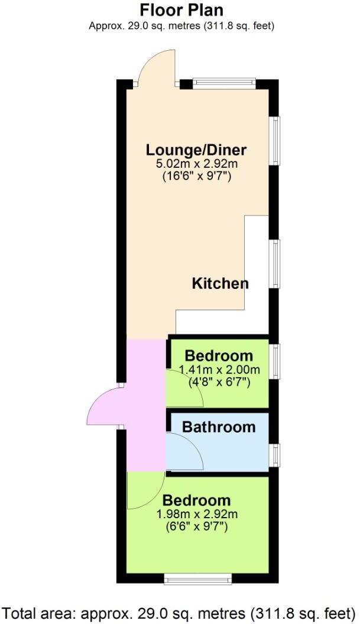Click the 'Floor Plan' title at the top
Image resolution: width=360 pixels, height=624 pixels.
point(181,10)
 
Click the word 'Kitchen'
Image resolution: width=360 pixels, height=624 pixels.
point(220,284)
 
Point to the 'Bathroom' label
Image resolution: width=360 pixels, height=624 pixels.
point(218,427)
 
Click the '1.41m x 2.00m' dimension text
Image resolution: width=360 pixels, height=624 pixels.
point(219,370)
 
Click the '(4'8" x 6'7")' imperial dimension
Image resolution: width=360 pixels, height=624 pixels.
point(219,382)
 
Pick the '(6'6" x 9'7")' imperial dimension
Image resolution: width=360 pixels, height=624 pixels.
point(197,525)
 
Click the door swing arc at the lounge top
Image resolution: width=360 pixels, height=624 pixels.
point(155,68)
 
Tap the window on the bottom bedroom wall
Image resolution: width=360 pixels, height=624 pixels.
point(186,577)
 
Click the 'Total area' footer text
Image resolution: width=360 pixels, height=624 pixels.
point(180,612)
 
